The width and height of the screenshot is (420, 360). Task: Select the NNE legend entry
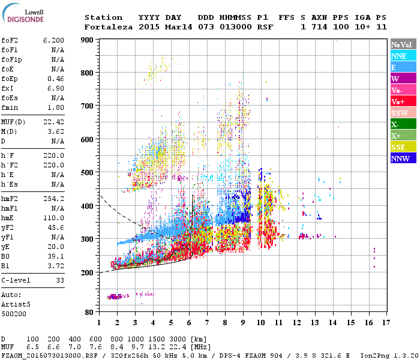pos(398,56)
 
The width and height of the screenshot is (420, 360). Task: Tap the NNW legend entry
pos(400,158)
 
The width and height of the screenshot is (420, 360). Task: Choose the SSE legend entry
pos(398,147)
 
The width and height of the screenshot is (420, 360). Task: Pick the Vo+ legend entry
pos(398,101)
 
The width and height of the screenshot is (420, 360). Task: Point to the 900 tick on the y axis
pos(87,40)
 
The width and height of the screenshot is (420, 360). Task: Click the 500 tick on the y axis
pos(87,173)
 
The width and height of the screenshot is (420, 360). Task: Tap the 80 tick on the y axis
pos(89,313)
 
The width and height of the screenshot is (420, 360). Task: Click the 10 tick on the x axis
pos(261,322)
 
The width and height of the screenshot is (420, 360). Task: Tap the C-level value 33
pos(59,280)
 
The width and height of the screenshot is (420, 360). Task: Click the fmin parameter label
pos(11,107)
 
